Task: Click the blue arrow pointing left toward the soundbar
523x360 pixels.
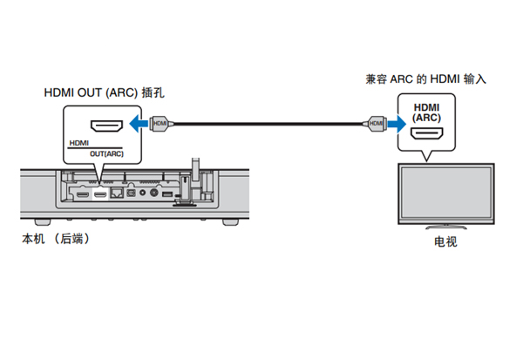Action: pos(136,124)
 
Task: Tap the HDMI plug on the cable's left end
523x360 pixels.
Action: pos(160,124)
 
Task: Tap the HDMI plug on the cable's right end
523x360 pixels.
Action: pos(375,124)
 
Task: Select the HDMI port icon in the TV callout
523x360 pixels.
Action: pos(427,135)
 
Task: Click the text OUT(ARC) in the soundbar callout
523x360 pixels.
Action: pos(106,154)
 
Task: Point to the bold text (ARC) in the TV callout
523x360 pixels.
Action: pos(427,117)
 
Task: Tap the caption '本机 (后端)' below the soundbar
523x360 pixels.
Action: pos(54,237)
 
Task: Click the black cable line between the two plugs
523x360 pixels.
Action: pos(266,124)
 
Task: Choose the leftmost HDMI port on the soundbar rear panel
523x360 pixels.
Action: pos(81,194)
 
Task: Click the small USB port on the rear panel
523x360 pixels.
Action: pos(167,194)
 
